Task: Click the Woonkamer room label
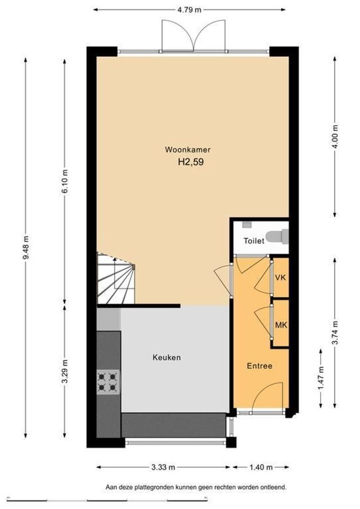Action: [188, 150]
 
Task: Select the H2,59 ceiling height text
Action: [191, 162]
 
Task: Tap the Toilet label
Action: [254, 241]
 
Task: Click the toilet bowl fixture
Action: [277, 237]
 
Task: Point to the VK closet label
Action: [280, 278]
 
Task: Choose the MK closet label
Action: [281, 325]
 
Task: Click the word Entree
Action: [259, 366]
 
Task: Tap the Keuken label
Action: [166, 357]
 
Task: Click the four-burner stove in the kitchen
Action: [108, 382]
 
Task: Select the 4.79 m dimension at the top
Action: [189, 10]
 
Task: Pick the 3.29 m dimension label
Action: [65, 371]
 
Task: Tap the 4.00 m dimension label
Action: [335, 136]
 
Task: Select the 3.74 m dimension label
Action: [335, 333]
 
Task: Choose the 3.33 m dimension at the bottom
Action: [164, 468]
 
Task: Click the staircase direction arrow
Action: [115, 273]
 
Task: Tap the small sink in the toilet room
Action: [247, 224]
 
